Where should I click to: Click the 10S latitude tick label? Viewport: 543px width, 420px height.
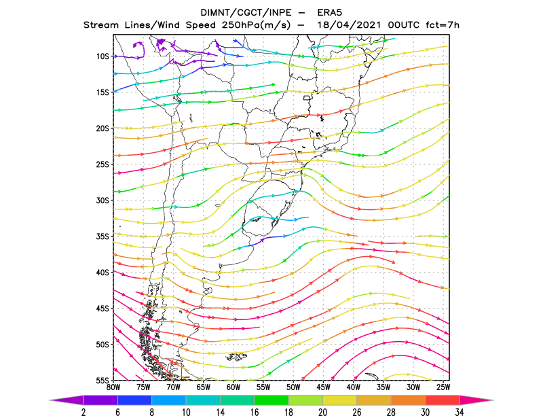click(102, 56)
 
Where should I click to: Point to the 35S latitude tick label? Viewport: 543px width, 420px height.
click(102, 237)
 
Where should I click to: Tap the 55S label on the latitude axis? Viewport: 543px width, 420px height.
click(102, 381)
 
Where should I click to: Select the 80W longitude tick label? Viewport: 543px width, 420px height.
click(113, 387)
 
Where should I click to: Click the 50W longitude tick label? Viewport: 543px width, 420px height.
click(293, 387)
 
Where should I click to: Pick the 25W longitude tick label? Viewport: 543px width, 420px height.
click(443, 387)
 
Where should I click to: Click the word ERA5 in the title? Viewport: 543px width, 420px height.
click(330, 13)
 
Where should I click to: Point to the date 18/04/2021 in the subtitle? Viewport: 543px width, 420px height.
click(349, 25)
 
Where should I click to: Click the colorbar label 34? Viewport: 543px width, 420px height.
click(460, 413)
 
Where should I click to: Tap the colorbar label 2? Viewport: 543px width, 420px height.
click(83, 413)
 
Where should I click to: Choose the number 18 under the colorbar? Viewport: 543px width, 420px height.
click(288, 413)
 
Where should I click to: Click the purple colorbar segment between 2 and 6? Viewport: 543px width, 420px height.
click(100, 400)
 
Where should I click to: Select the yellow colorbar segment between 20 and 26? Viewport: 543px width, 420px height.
click(340, 400)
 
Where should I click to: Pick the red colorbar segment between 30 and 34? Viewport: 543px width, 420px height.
click(443, 400)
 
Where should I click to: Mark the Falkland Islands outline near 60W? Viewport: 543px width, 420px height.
click(236, 357)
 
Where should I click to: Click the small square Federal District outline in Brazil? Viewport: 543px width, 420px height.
click(307, 98)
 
